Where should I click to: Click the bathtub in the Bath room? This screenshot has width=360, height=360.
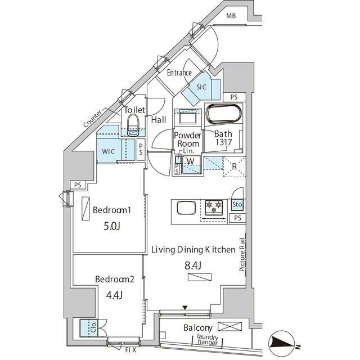point(224,114)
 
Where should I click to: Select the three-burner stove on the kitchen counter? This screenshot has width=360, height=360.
point(214,208)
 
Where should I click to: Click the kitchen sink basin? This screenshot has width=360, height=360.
point(186,208)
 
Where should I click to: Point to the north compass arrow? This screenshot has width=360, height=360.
point(282,343)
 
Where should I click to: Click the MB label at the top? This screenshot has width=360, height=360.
point(231,16)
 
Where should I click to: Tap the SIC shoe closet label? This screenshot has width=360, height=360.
point(201,87)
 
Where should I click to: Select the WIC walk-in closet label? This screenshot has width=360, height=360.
point(109,151)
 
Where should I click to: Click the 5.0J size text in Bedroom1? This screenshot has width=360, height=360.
point(112,226)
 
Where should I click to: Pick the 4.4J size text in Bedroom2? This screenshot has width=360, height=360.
point(114,295)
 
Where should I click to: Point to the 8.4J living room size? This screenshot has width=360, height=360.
point(193,265)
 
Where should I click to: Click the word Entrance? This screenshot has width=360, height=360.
point(179,73)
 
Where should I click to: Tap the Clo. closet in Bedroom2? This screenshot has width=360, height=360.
point(89,328)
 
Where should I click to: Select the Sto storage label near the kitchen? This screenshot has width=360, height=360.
point(237,204)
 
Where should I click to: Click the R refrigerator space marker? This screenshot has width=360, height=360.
point(234,166)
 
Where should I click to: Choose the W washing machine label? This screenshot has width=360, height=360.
point(191,161)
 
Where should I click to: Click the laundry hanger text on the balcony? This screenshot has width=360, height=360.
point(208,340)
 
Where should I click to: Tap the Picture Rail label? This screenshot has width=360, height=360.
point(242,255)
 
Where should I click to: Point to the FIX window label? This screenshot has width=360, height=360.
point(130,350)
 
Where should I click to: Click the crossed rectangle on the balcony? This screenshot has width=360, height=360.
point(229,326)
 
